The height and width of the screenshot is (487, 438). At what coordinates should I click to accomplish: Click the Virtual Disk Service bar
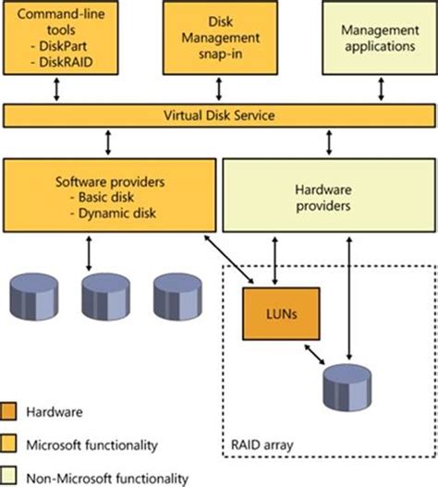(219, 116)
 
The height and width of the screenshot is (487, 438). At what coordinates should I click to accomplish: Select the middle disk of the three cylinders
(103, 294)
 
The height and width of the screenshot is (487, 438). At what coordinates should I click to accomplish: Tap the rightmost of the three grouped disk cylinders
(176, 294)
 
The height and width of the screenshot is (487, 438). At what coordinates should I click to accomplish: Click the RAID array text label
(266, 445)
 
